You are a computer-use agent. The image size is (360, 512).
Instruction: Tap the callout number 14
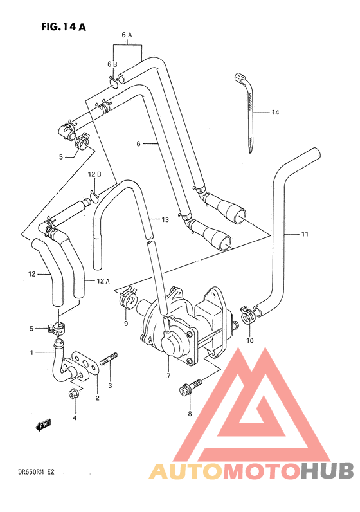(275, 113)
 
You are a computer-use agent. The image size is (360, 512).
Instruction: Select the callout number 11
(305, 233)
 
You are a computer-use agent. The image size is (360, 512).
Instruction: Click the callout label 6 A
(127, 35)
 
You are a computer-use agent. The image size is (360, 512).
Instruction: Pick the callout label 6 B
(113, 64)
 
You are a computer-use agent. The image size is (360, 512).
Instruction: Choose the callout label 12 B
(95, 174)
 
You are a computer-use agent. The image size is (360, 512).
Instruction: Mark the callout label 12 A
(105, 280)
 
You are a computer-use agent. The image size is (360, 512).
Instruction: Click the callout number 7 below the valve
(168, 376)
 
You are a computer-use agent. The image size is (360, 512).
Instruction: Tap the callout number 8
(190, 414)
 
